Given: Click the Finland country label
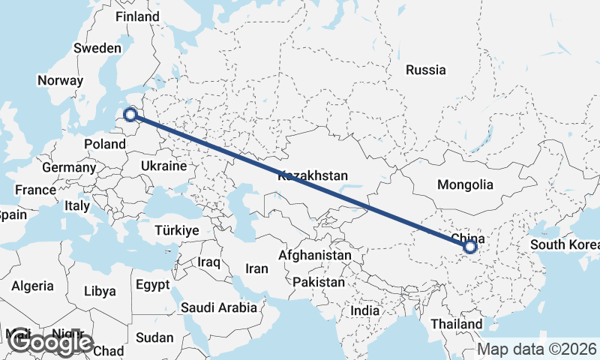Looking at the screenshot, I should tap(137, 16).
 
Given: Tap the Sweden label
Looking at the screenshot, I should tap(97, 48).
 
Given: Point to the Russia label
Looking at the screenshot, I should tap(425, 70).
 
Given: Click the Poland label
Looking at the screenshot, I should tap(105, 144).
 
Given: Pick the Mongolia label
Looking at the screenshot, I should tap(465, 184).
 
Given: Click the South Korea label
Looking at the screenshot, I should tap(564, 245).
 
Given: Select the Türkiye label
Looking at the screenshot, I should tap(177, 230).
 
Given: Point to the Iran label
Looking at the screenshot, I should tap(256, 268).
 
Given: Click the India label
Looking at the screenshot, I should tap(365, 310).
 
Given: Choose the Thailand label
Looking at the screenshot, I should tap(457, 324).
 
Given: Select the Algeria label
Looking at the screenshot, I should tap(32, 286).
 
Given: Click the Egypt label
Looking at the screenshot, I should tap(154, 285).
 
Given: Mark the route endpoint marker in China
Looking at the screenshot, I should tap(469, 246).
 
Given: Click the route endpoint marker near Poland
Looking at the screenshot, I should tap(130, 115).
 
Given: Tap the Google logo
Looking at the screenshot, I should tap(50, 342).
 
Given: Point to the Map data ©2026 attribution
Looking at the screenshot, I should tap(537, 349).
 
